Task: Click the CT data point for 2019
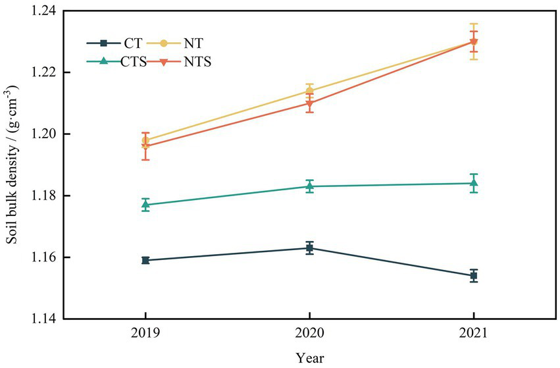pos(145,260)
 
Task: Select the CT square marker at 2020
pos(309,248)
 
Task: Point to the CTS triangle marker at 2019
pos(145,205)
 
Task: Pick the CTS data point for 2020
pos(309,186)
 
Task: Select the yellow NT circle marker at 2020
pos(309,91)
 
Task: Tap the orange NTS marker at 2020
pos(309,103)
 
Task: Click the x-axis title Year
pos(309,357)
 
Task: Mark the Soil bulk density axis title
pos(13,165)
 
